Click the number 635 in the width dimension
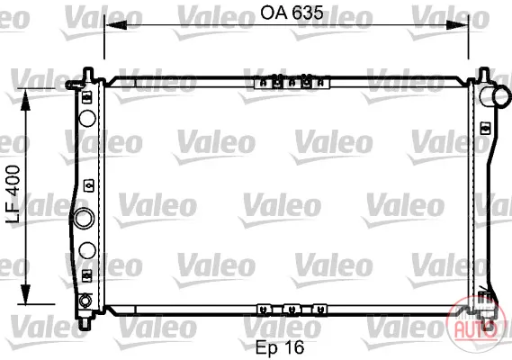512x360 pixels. [x=307, y=13]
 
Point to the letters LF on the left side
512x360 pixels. [x=13, y=211]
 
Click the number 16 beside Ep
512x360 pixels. [x=294, y=346]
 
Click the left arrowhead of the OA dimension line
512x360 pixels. [x=116, y=25]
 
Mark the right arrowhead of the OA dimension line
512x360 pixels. [x=457, y=25]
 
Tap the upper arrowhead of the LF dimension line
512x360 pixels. [x=25, y=99]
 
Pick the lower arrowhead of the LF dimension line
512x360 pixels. [x=25, y=294]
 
